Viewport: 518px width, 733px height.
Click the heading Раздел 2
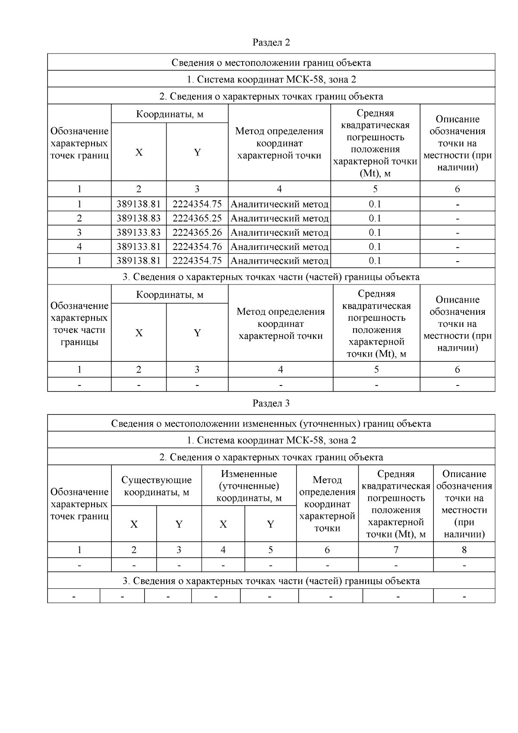click(271, 42)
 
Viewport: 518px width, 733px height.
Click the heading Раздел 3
click(271, 403)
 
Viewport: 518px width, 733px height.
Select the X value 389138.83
click(139, 218)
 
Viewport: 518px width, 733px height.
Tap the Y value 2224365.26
click(197, 233)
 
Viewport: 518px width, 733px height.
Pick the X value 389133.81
click(139, 247)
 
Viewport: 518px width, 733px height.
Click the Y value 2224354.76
click(197, 247)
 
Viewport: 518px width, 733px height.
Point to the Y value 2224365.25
click(197, 218)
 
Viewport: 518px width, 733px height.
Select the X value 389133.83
click(139, 233)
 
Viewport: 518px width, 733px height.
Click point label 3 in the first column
click(79, 233)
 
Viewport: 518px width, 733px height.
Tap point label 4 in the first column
click(79, 247)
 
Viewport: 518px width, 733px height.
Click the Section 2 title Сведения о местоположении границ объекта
click(271, 63)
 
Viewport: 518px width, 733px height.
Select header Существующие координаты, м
click(156, 486)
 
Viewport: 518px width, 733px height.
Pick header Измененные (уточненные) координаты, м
click(249, 486)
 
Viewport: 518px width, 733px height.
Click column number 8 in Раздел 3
click(464, 550)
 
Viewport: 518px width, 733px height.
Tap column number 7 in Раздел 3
click(396, 550)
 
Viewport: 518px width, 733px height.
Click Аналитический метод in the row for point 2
click(279, 218)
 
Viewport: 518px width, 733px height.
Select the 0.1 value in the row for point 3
click(375, 233)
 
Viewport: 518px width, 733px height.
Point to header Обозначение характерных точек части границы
click(79, 324)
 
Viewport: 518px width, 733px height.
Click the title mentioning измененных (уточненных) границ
click(271, 423)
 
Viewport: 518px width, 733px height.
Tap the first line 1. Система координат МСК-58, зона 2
click(271, 79)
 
